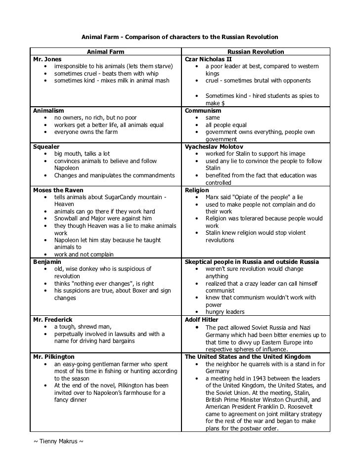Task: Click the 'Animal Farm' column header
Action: click(x=106, y=52)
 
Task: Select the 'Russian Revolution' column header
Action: click(x=256, y=52)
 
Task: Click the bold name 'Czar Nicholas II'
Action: click(x=208, y=59)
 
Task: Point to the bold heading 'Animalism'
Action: click(x=48, y=111)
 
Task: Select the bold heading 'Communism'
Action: click(x=203, y=111)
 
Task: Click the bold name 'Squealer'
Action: click(x=46, y=147)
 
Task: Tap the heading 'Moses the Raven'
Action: click(x=58, y=190)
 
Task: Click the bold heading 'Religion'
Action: click(x=197, y=190)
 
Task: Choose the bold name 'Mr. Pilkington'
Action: click(x=53, y=356)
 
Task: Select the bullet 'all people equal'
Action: click(x=225, y=125)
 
